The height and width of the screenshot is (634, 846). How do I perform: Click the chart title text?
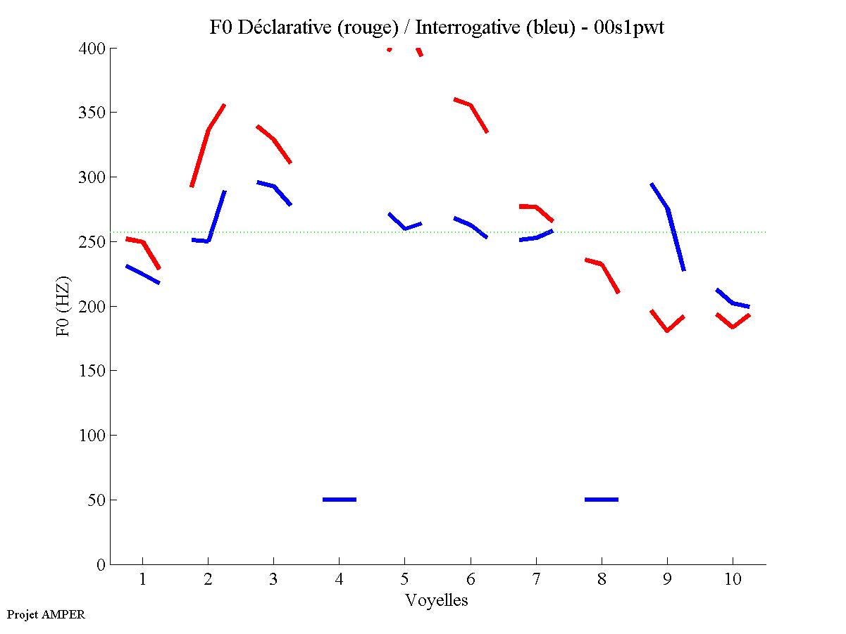(437, 27)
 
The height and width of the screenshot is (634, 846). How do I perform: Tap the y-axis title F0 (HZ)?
(63, 306)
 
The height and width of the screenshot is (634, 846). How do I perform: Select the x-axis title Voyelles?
(436, 600)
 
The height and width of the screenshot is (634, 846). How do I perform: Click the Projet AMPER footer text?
(46, 614)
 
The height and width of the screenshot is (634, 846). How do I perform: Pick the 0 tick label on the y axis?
(101, 564)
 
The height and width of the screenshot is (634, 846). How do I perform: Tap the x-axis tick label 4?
(339, 581)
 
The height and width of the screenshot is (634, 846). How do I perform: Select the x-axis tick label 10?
(733, 581)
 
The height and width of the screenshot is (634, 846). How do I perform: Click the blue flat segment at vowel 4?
(340, 500)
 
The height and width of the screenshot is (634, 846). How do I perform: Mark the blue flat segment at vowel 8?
(602, 500)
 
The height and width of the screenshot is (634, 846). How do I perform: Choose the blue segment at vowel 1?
(143, 274)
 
